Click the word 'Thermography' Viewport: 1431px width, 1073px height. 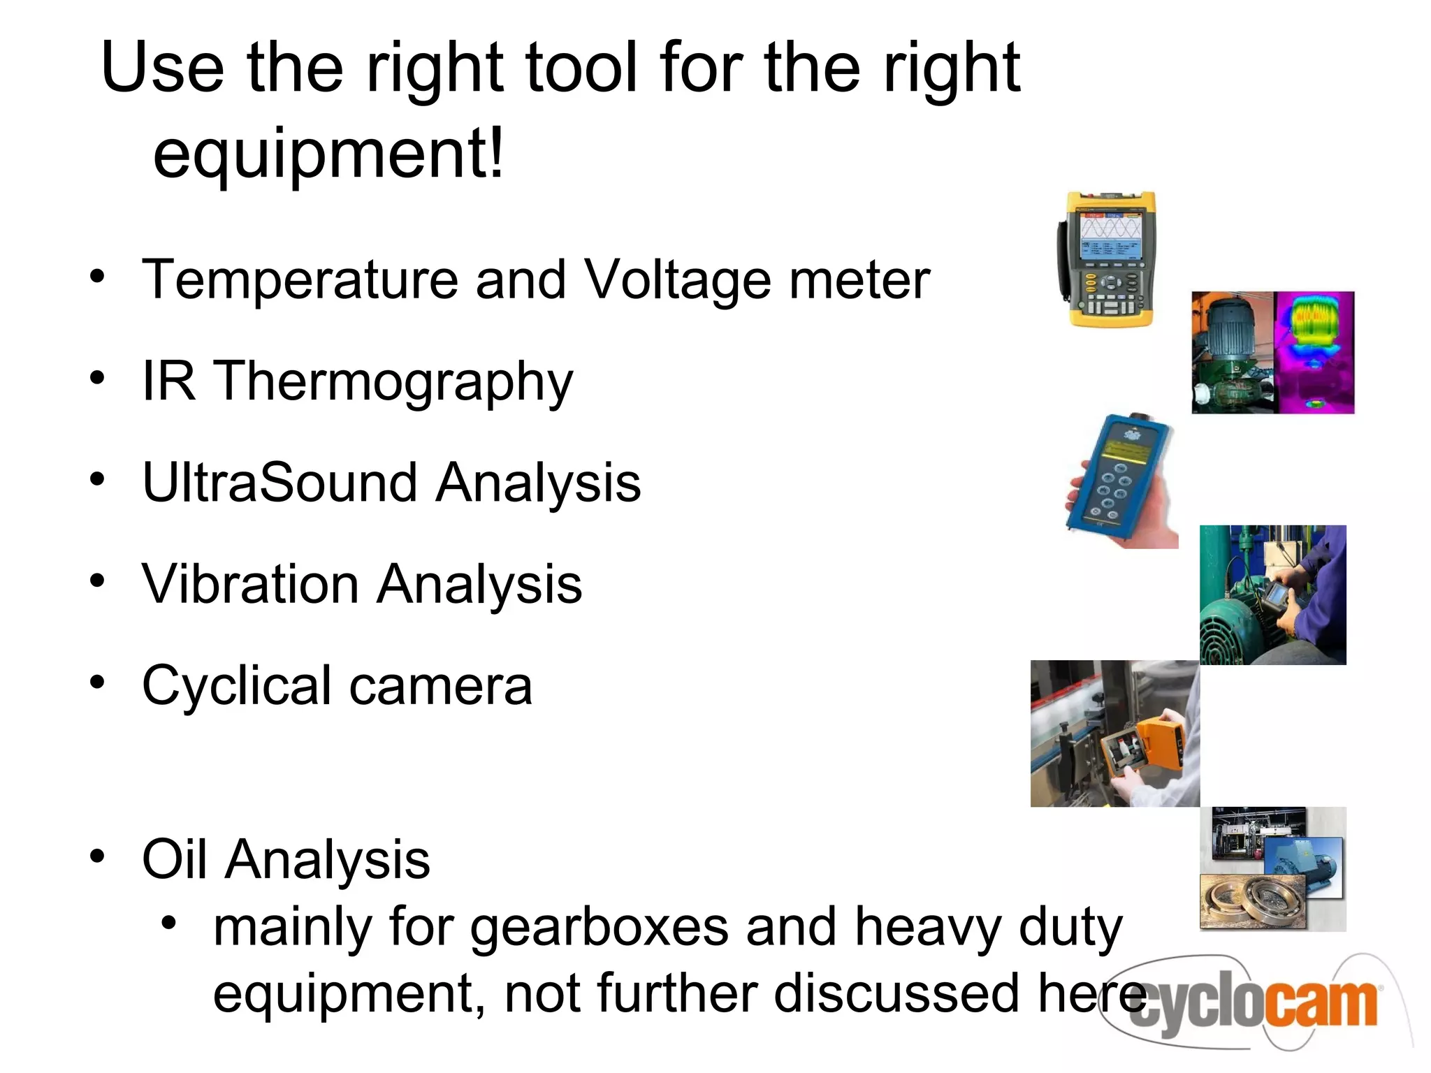(x=392, y=382)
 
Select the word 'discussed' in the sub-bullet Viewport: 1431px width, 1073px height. (x=896, y=994)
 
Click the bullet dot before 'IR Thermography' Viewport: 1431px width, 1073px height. (x=97, y=378)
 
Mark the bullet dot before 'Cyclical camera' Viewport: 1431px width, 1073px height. (x=97, y=682)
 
